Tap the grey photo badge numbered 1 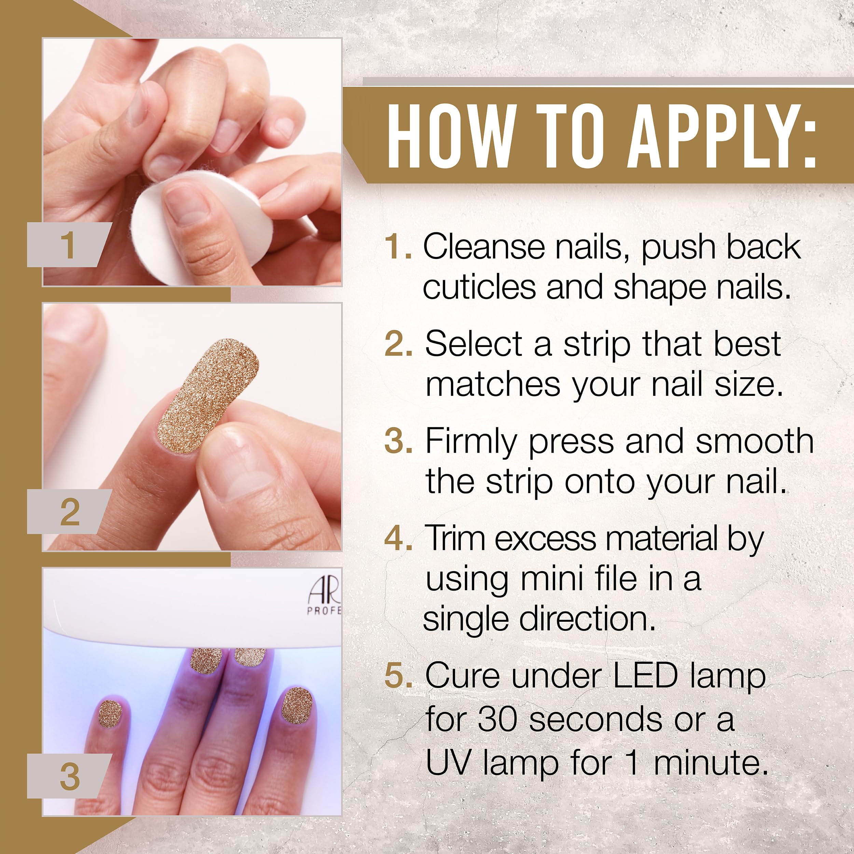coord(69,245)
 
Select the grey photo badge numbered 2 coord(69,511)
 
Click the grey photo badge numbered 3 coord(69,776)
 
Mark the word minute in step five coord(709,762)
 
